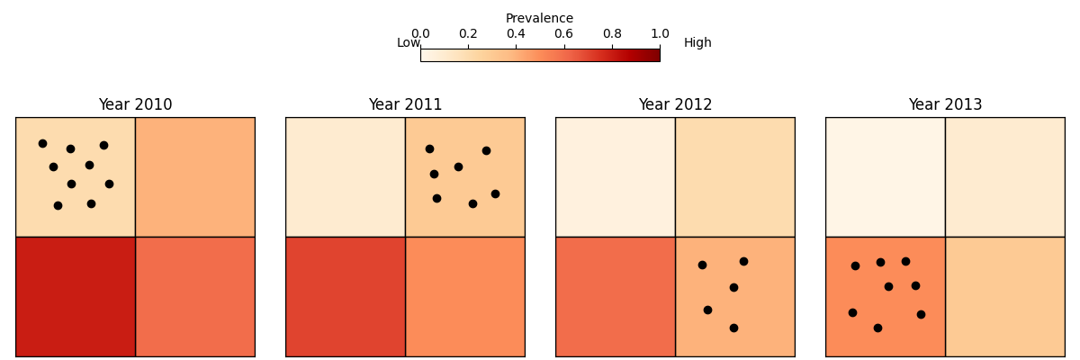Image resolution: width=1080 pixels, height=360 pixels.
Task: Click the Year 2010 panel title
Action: pos(135,105)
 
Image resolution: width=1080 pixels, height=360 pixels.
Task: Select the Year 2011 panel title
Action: pos(405,105)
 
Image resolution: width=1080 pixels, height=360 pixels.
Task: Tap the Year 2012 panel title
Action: pos(675,105)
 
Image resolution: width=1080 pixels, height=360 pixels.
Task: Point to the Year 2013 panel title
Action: pos(945,105)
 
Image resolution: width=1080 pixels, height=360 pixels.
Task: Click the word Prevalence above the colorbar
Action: pos(539,19)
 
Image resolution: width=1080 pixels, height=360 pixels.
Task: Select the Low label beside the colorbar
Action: pos(409,43)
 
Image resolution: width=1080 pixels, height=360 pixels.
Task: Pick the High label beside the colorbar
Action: pos(697,43)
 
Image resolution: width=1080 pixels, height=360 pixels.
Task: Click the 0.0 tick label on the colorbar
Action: pos(420,34)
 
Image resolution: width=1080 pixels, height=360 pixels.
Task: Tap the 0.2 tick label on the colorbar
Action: pos(468,34)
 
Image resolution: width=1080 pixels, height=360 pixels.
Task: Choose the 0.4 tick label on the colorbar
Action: pos(516,34)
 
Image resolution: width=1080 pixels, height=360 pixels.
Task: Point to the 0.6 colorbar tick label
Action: pos(563,34)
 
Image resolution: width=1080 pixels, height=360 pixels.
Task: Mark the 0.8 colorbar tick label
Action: pos(612,34)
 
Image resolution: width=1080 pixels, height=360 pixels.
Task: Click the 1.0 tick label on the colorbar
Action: pos(660,34)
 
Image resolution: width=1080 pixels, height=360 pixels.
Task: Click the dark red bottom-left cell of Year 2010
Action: pos(75,297)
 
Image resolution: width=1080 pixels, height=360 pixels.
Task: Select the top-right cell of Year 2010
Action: pos(195,176)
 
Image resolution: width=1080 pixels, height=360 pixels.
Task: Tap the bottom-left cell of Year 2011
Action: pos(345,297)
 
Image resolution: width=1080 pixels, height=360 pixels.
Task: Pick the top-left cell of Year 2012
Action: pos(615,176)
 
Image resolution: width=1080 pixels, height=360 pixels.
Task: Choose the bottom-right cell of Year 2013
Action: pos(1005,297)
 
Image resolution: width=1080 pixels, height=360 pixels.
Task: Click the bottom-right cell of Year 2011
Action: pos(465,297)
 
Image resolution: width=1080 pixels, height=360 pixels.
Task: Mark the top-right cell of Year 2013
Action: pos(1005,176)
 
